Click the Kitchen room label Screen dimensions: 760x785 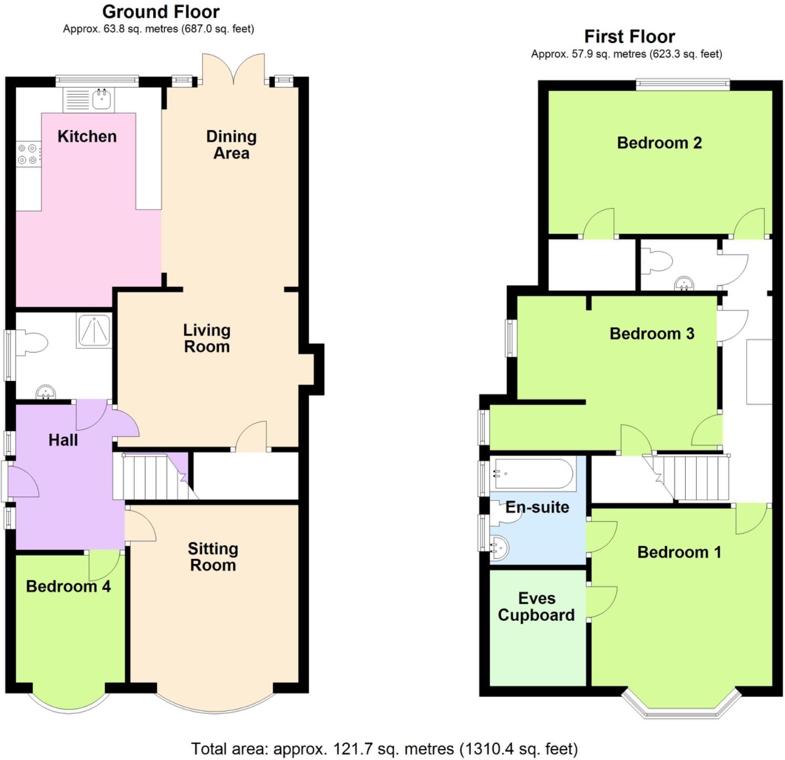pyautogui.click(x=87, y=137)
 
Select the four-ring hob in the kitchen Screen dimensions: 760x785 pyautogui.click(x=28, y=154)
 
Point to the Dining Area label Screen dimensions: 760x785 pyautogui.click(x=231, y=144)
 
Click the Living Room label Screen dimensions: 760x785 pyautogui.click(x=207, y=338)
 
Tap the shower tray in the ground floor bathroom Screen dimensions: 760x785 pyautogui.click(x=94, y=331)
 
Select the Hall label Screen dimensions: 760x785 pyautogui.click(x=63, y=440)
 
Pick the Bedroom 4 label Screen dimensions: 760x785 pyautogui.click(x=68, y=586)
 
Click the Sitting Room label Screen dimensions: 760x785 pyautogui.click(x=213, y=557)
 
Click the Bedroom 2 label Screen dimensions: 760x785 pyautogui.click(x=659, y=143)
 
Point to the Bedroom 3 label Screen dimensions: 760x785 pyautogui.click(x=652, y=334)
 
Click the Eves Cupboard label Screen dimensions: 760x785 pyautogui.click(x=536, y=607)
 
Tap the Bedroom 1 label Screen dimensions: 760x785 pyautogui.click(x=679, y=552)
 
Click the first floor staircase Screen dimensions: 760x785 pyautogui.click(x=693, y=477)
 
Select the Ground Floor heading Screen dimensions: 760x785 pyautogui.click(x=161, y=12)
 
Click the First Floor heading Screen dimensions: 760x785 pyautogui.click(x=629, y=37)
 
